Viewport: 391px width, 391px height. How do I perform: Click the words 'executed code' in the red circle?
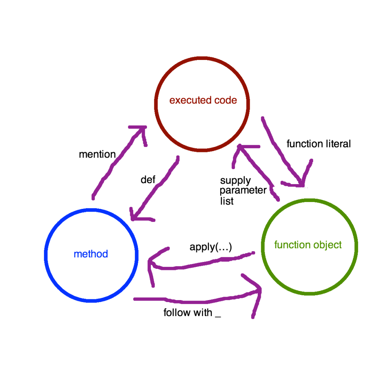point(203,100)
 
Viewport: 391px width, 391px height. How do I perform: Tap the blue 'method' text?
point(91,254)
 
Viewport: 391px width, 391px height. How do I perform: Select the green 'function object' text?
point(308,245)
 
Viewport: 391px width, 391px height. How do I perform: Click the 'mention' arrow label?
point(97,154)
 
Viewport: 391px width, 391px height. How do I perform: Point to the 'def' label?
point(148,180)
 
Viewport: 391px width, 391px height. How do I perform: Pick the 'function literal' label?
point(318,144)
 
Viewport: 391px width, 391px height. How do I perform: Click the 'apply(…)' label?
point(210,247)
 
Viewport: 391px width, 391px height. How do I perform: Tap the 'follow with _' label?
point(192,313)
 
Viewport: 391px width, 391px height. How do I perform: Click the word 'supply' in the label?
point(235,180)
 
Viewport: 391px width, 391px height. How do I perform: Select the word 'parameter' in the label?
point(243,190)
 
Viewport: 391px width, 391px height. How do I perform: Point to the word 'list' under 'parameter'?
point(226,201)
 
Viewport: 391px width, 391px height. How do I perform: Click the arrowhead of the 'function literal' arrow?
point(302,184)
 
